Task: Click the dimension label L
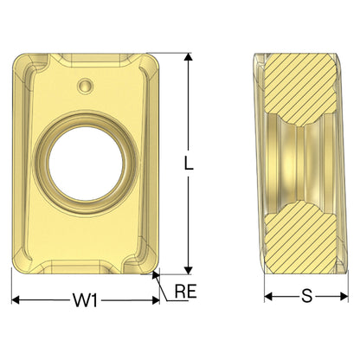pos(189,163)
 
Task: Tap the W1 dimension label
pos(85,300)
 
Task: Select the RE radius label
pos(185,291)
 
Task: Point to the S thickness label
pos(306,296)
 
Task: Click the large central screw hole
pos(86,164)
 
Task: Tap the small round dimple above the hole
pos(86,86)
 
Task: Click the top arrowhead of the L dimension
pos(189,56)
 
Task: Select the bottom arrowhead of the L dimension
pos(189,271)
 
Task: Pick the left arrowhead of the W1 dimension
pos(16,300)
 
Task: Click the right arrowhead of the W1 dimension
pos(156,300)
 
